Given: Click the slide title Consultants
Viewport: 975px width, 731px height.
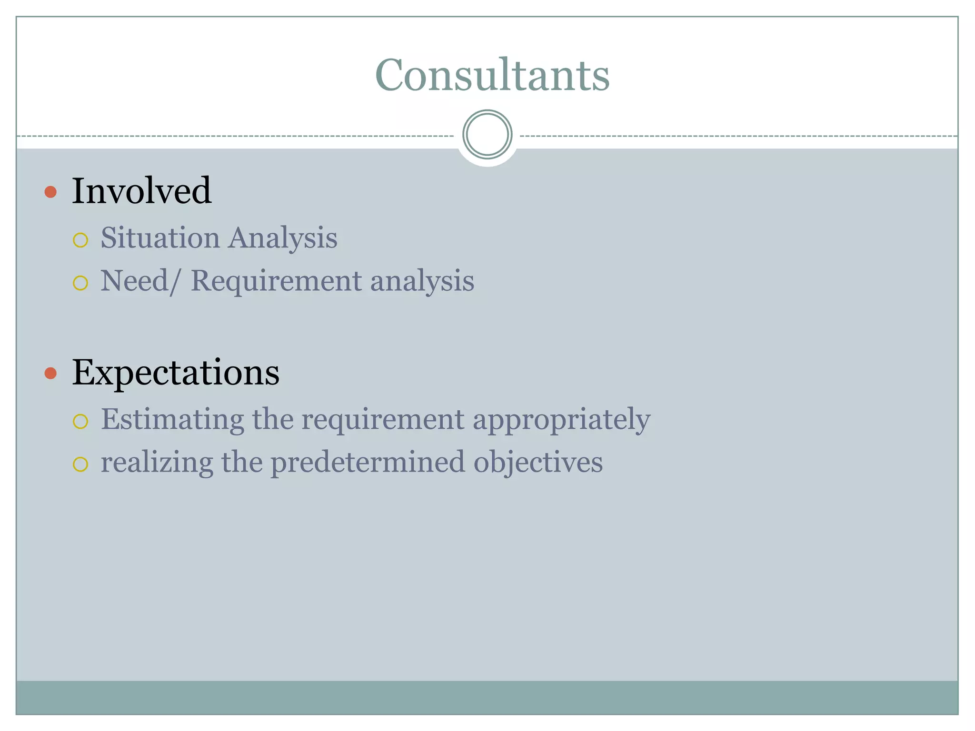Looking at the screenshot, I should point(492,75).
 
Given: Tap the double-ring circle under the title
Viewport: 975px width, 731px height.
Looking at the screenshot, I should point(487,135).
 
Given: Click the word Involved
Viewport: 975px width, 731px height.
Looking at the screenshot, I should point(141,191).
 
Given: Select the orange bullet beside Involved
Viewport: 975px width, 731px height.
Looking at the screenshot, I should point(50,192).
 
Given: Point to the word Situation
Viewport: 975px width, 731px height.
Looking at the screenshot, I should point(160,237).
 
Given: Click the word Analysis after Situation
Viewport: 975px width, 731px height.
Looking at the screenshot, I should point(282,238).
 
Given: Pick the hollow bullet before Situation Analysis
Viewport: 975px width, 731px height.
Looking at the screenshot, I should point(80,240).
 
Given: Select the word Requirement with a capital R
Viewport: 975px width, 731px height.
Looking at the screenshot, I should point(276,281).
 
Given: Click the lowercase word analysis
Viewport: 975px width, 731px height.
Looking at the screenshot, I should point(422,281).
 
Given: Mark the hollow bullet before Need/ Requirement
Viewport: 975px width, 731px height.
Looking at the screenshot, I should point(80,283).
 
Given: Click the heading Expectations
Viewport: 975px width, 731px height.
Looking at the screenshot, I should point(176,373).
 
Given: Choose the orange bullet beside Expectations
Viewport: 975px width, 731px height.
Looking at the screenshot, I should point(50,373).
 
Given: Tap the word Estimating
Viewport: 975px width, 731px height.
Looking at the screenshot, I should point(172,420).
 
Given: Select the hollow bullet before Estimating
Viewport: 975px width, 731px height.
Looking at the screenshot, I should point(80,421).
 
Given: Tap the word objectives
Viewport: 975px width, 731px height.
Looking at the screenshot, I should point(538,463).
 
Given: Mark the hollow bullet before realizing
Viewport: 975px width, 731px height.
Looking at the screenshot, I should point(80,464).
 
